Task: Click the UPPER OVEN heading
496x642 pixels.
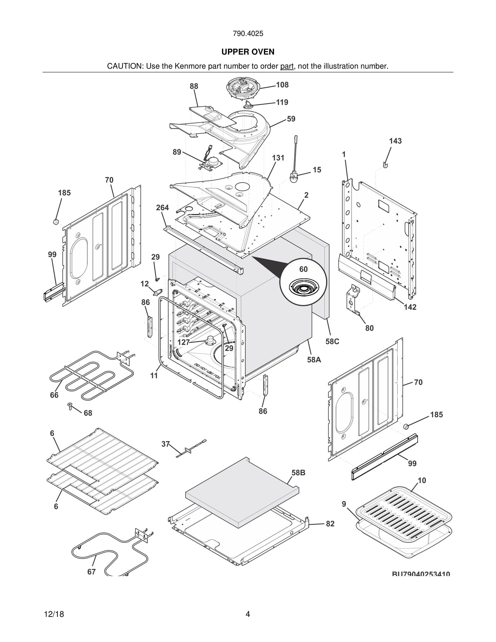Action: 248,52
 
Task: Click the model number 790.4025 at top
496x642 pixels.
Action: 248,34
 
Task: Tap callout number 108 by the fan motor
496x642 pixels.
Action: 282,85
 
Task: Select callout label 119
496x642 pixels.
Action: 282,102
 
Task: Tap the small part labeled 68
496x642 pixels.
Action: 70,406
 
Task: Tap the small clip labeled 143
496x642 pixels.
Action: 386,165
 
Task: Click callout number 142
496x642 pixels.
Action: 410,307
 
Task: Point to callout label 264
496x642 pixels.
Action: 162,208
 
